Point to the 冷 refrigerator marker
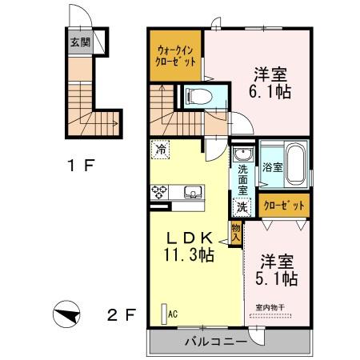click(161, 149)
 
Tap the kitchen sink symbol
click(192, 191)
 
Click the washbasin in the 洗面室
click(242, 154)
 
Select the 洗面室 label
click(242, 179)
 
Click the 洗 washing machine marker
click(241, 206)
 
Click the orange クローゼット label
click(284, 206)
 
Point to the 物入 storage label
click(236, 232)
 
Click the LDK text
click(189, 238)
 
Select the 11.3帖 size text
click(189, 255)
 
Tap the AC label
click(172, 314)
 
